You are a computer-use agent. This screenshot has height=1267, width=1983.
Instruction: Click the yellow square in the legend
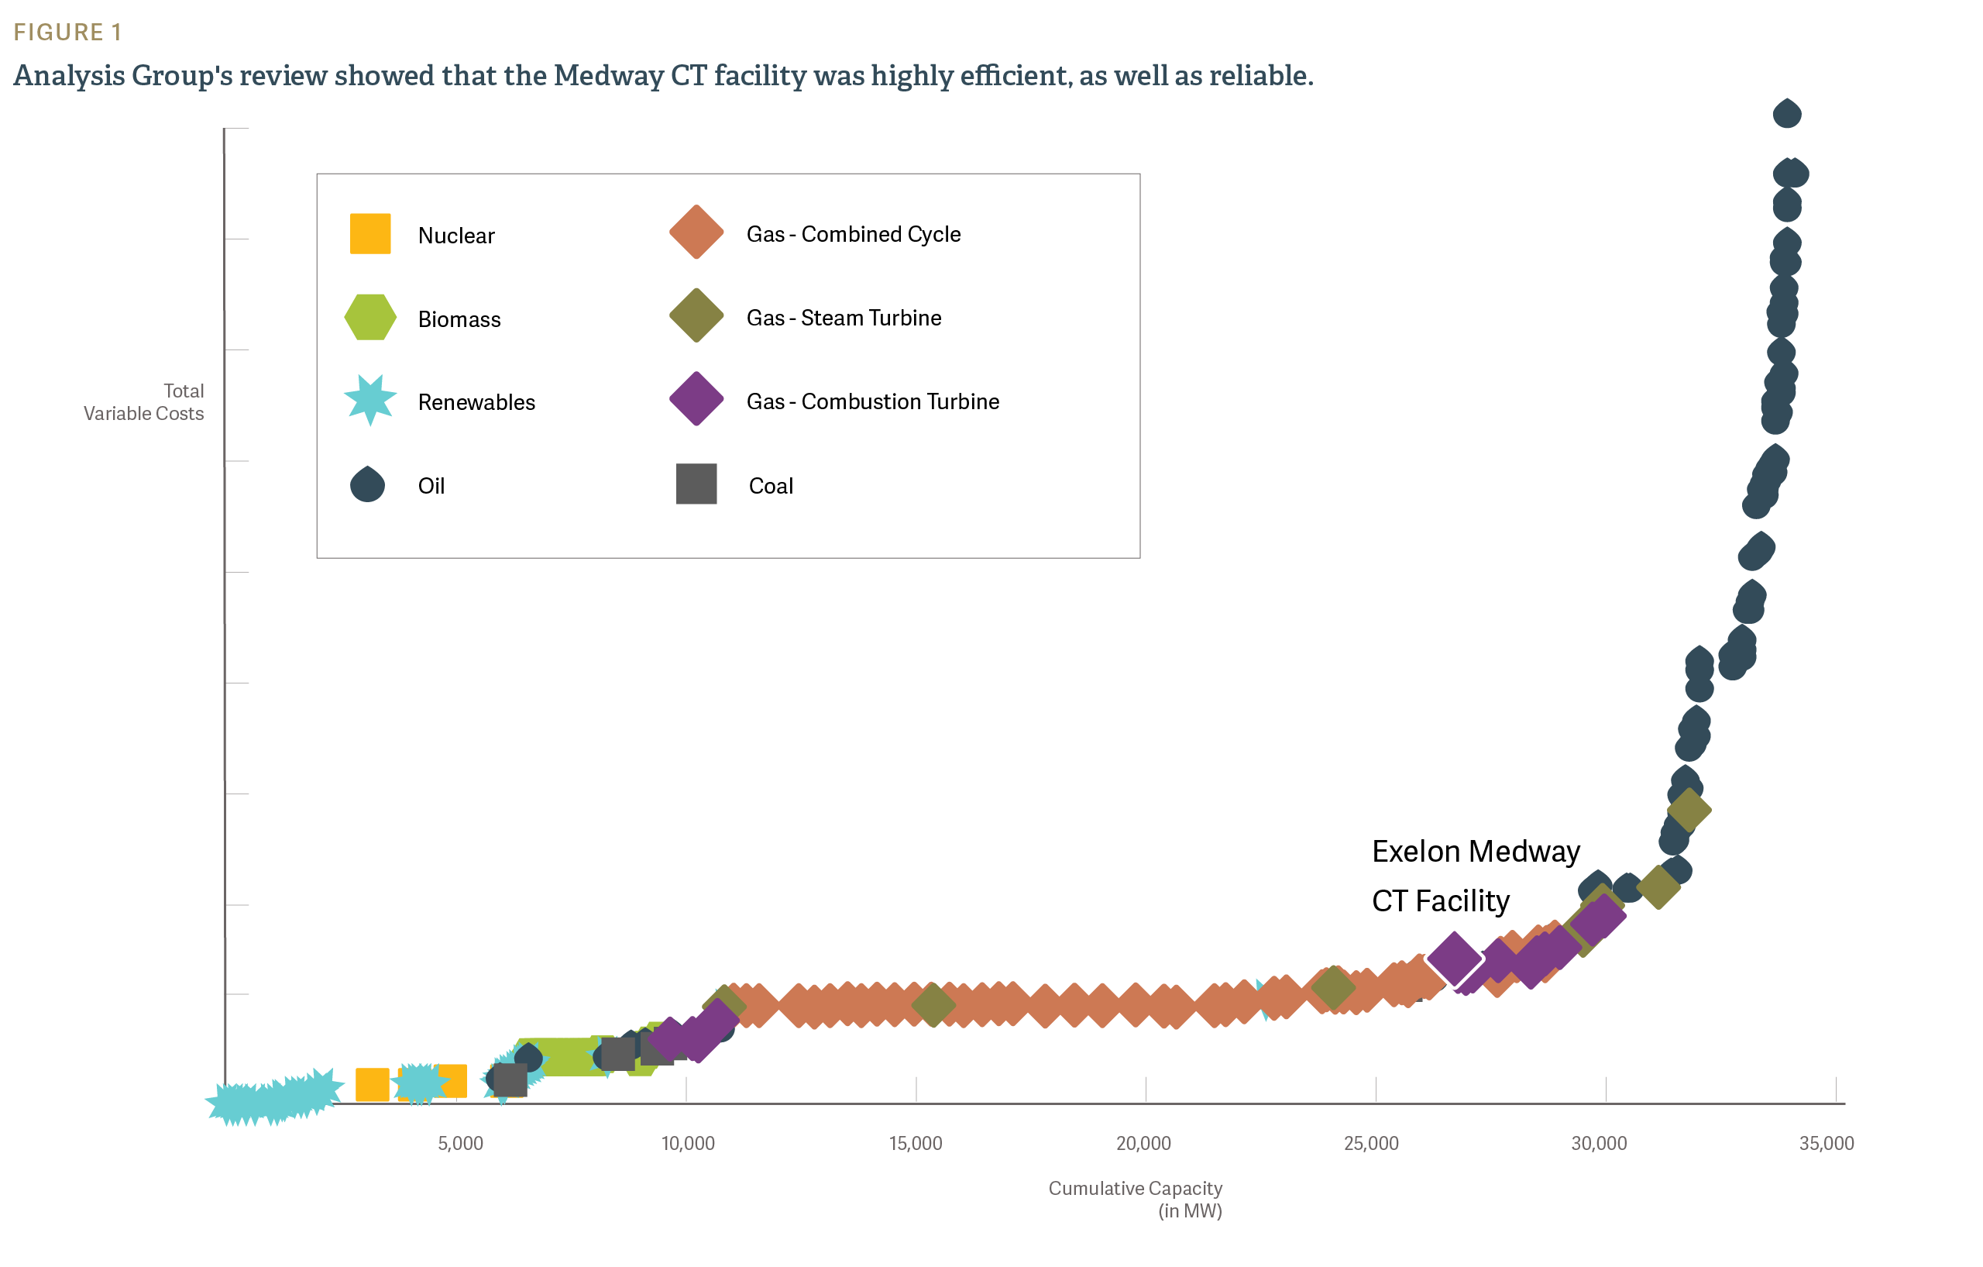pyautogui.click(x=369, y=233)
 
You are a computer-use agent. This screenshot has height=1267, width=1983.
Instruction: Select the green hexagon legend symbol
pyautogui.click(x=369, y=316)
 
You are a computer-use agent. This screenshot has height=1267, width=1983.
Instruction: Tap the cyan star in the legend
pyautogui.click(x=369, y=400)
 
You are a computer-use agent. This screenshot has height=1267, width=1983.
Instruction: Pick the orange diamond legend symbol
pyautogui.click(x=696, y=232)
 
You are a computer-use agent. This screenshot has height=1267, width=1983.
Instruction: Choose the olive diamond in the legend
pyautogui.click(x=696, y=315)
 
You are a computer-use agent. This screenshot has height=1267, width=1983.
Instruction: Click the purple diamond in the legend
pyautogui.click(x=696, y=399)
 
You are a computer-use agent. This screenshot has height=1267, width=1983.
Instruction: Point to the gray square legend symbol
pyautogui.click(x=696, y=484)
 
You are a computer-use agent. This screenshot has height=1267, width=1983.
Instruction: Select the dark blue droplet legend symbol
pyautogui.click(x=367, y=484)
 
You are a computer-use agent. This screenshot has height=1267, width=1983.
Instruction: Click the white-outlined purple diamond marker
pyautogui.click(x=1453, y=958)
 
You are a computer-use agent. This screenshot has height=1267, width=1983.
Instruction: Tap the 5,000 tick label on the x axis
pyautogui.click(x=460, y=1144)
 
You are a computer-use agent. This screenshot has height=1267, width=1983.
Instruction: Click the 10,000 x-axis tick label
pyautogui.click(x=688, y=1144)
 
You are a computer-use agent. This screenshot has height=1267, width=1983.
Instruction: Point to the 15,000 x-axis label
pyautogui.click(x=915, y=1144)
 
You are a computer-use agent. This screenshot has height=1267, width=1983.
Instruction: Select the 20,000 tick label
pyautogui.click(x=1143, y=1144)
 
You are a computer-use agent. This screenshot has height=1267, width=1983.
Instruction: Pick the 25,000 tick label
pyautogui.click(x=1370, y=1144)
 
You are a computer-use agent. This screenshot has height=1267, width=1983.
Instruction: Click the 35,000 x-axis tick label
pyautogui.click(x=1826, y=1144)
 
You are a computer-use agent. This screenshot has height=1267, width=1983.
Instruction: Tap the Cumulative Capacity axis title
pyautogui.click(x=1135, y=1189)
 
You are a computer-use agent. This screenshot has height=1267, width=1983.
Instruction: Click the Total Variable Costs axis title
pyautogui.click(x=144, y=402)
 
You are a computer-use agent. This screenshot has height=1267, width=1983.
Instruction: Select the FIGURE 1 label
pyautogui.click(x=67, y=32)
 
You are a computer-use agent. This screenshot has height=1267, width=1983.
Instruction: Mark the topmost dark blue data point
pyautogui.click(x=1786, y=114)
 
